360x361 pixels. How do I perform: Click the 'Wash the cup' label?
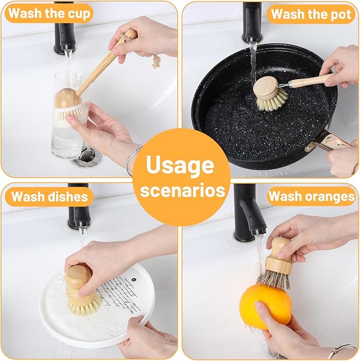point(49,14)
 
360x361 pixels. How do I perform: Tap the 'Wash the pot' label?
point(311,14)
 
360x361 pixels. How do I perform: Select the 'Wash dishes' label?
point(49,197)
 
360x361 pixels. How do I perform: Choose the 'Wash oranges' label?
point(311,197)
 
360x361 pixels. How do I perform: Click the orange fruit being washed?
point(265,306)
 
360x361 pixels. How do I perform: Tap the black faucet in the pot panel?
point(252,21)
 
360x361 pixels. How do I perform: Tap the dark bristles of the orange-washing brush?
point(274,279)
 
